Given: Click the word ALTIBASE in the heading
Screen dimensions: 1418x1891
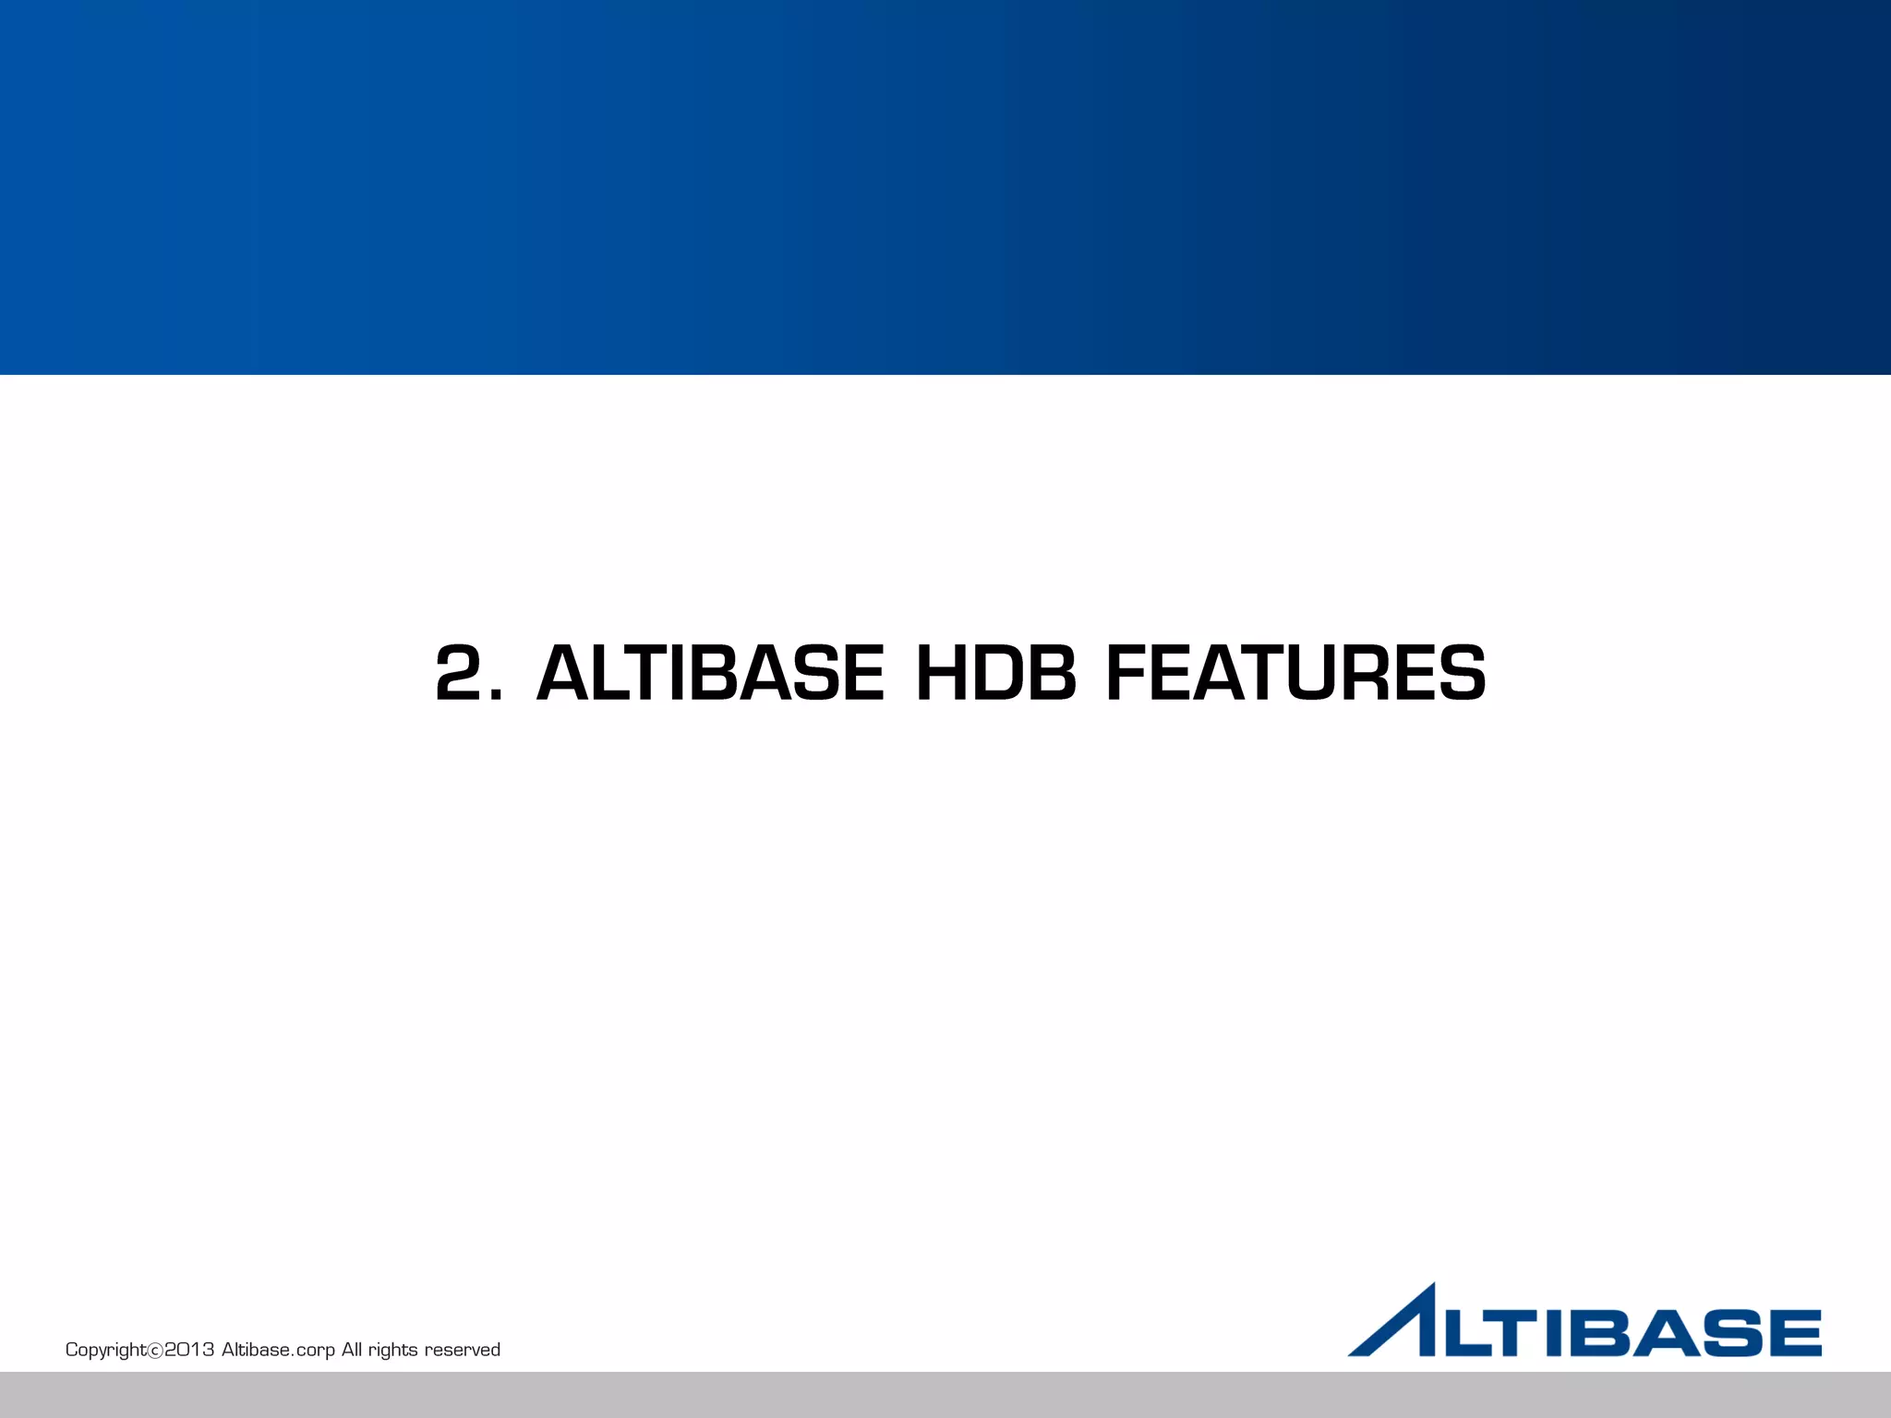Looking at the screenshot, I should [x=710, y=673].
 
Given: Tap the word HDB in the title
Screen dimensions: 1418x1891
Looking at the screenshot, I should [x=995, y=673].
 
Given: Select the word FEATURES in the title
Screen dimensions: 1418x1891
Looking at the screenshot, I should [x=1295, y=673].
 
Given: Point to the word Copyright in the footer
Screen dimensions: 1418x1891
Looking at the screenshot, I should [x=105, y=1350].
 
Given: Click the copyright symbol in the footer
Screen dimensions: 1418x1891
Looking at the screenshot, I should [x=155, y=1351].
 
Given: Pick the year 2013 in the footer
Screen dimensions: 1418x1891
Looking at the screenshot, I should [x=189, y=1350].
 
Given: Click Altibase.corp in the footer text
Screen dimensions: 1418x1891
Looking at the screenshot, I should [x=278, y=1350].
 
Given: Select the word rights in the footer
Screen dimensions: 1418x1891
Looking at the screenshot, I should [x=392, y=1350].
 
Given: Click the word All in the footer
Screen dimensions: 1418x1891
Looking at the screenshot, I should [x=352, y=1350].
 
